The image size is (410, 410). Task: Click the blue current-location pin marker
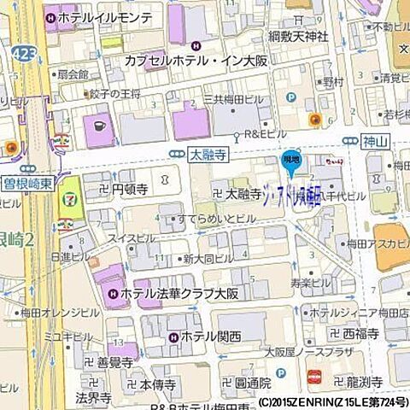point(292,160)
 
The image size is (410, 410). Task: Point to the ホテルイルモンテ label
point(106,17)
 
